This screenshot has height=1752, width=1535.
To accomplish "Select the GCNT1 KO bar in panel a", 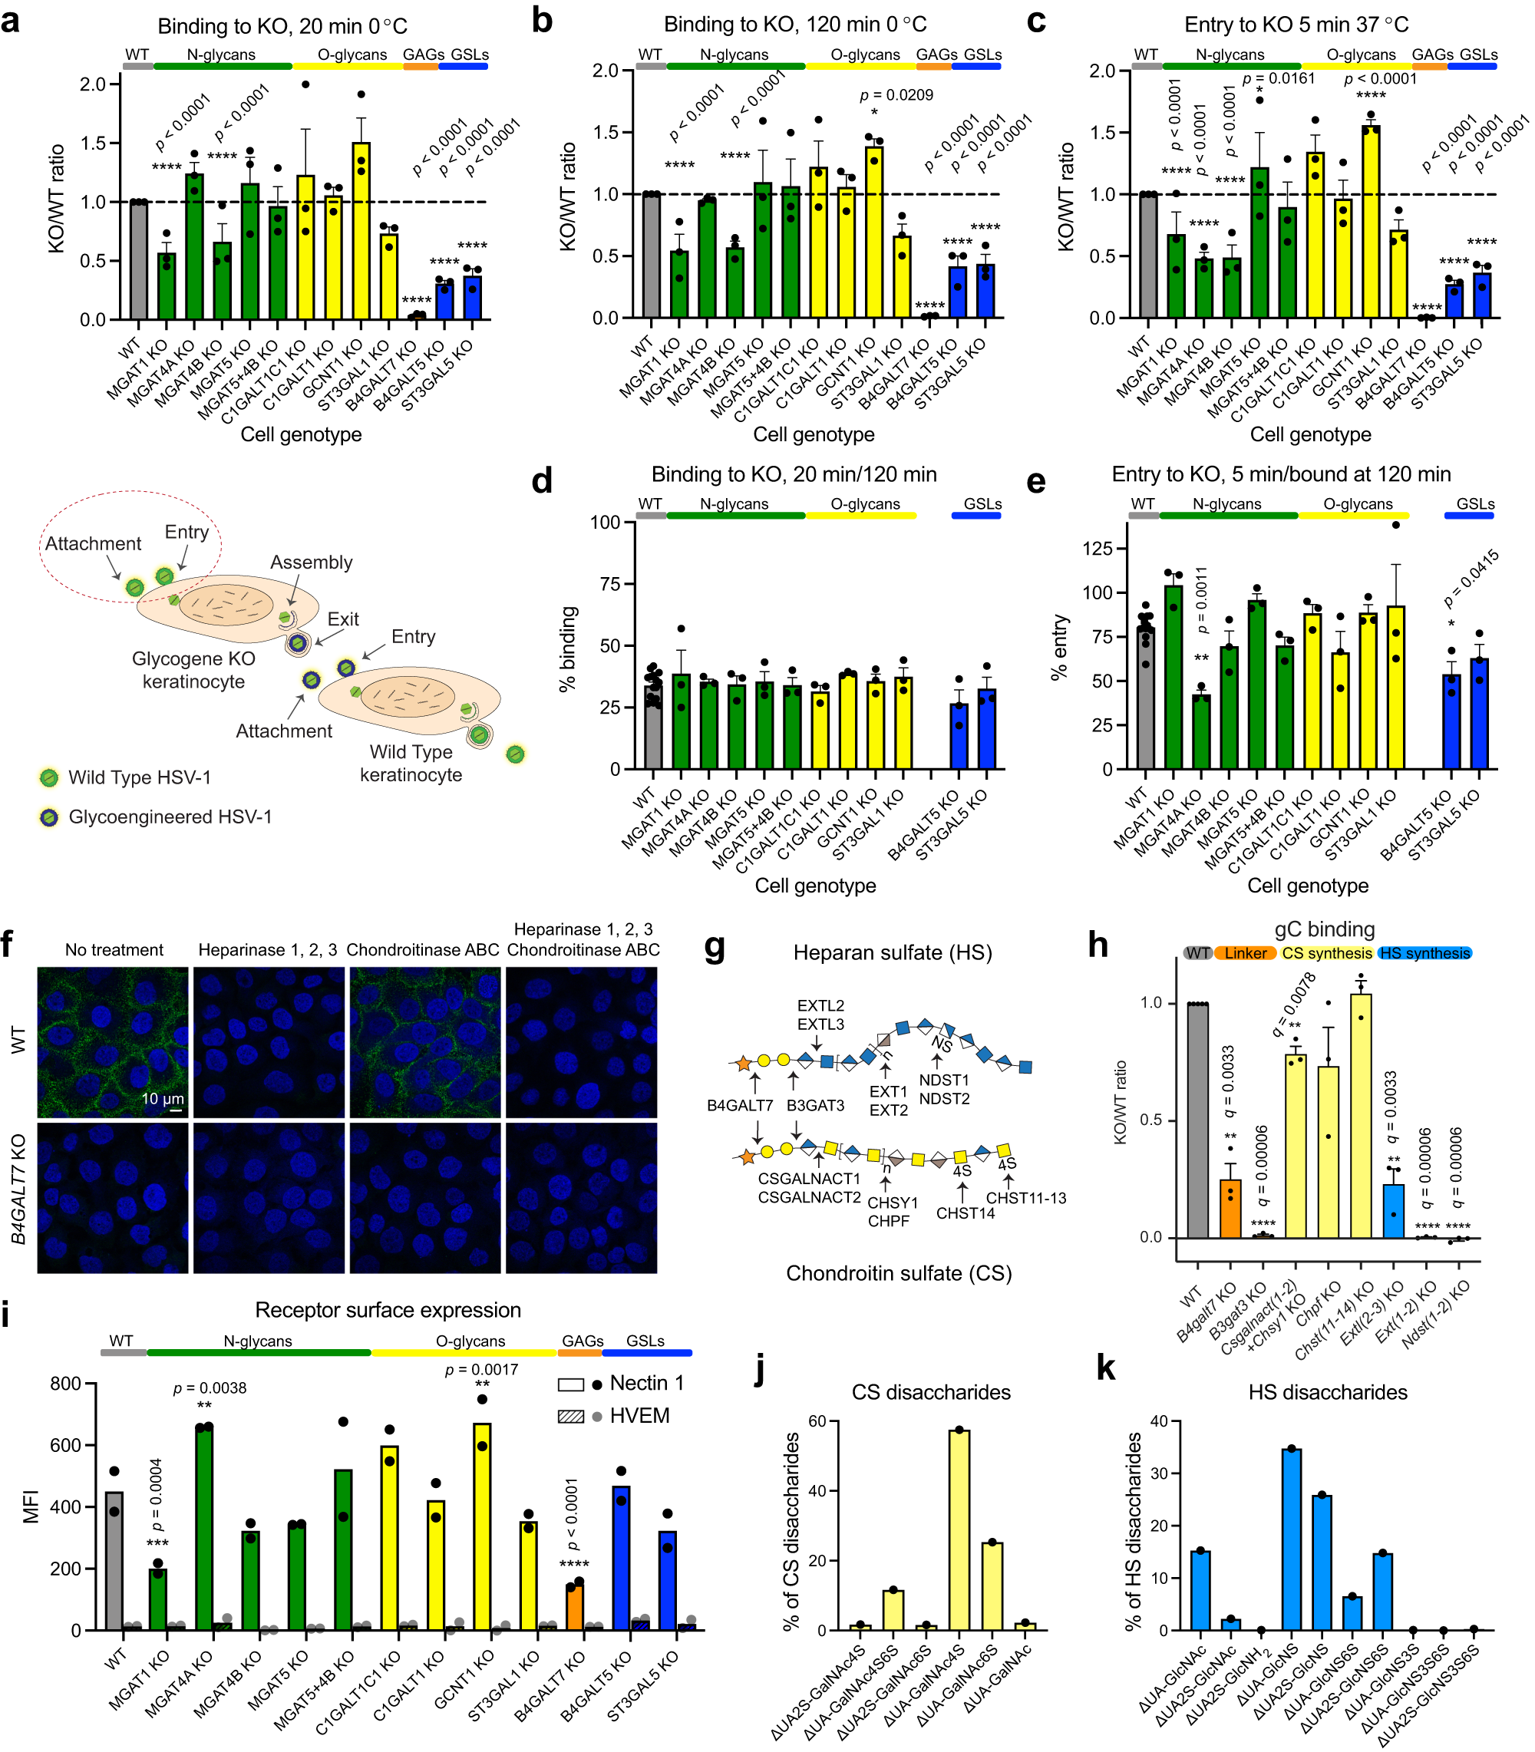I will [x=361, y=231].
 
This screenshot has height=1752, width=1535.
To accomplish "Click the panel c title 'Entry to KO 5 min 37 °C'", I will [x=1296, y=25].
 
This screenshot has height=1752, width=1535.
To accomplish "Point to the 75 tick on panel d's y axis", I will [x=609, y=584].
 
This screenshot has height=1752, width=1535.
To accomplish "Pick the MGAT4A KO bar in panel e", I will [x=1201, y=732].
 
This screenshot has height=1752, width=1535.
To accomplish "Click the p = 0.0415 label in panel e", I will [x=1471, y=579].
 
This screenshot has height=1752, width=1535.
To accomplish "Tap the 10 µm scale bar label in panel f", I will [x=162, y=1099].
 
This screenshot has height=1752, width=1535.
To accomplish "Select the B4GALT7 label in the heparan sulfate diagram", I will [x=739, y=1106].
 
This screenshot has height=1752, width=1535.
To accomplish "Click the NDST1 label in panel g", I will [x=944, y=1080].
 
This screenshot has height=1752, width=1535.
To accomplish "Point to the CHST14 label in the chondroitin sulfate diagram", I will [x=966, y=1213].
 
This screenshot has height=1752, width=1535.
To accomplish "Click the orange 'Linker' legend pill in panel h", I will [x=1245, y=953].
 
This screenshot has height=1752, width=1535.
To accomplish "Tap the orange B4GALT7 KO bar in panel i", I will [x=573, y=1606].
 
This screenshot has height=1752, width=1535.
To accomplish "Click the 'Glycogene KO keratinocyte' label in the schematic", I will [x=193, y=670].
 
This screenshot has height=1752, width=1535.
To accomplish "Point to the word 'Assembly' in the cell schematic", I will [x=311, y=563].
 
